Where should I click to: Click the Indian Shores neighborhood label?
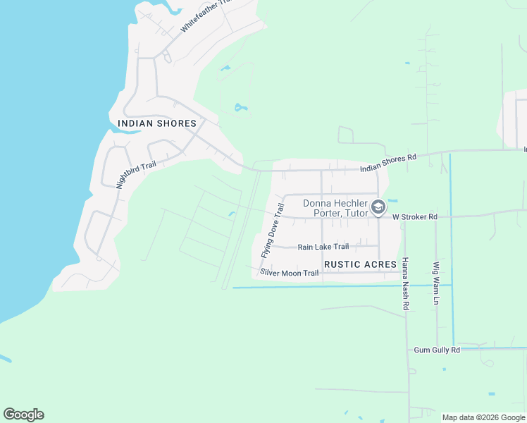[x=157, y=123]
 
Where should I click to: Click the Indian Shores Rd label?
[x=388, y=164]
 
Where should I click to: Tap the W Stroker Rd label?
[x=415, y=217]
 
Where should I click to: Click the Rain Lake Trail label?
[x=323, y=247]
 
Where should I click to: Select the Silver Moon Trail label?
[x=290, y=272]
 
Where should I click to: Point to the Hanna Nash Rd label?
[x=405, y=283]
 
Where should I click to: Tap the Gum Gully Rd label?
[x=436, y=350]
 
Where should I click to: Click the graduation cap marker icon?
[x=378, y=207]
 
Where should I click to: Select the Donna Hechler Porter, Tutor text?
[x=335, y=209]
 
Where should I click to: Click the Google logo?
[x=23, y=415]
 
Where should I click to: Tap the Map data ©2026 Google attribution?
[x=483, y=417]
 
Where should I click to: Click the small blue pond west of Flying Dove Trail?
[x=232, y=214]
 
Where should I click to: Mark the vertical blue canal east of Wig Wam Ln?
[x=451, y=247]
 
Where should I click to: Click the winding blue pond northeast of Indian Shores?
[x=241, y=109]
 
